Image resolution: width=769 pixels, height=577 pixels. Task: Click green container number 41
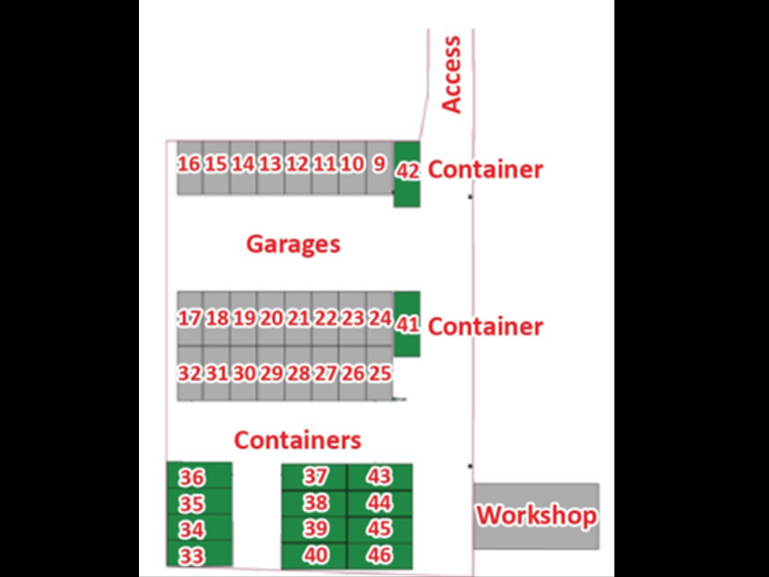(x=407, y=325)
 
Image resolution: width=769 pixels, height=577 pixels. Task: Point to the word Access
(x=451, y=74)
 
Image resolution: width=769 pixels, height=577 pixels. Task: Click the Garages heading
(x=293, y=244)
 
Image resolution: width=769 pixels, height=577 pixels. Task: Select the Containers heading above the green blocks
(x=297, y=440)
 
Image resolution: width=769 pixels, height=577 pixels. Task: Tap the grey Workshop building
(x=536, y=515)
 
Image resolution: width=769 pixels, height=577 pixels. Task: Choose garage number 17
(x=189, y=319)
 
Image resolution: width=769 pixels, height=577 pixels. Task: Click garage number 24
(x=380, y=319)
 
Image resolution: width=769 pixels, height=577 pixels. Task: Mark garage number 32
(x=189, y=373)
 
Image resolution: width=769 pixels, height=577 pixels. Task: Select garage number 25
(x=380, y=373)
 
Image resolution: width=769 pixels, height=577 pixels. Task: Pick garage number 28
(x=298, y=373)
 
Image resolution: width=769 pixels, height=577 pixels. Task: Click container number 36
(x=192, y=478)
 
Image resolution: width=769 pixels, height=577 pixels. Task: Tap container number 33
(x=192, y=556)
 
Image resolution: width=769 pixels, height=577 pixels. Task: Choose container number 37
(x=315, y=476)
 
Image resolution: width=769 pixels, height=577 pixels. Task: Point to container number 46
(x=380, y=556)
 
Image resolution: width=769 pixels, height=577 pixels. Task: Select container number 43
(x=380, y=476)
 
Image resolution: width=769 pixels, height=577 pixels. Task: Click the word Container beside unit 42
(x=485, y=170)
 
